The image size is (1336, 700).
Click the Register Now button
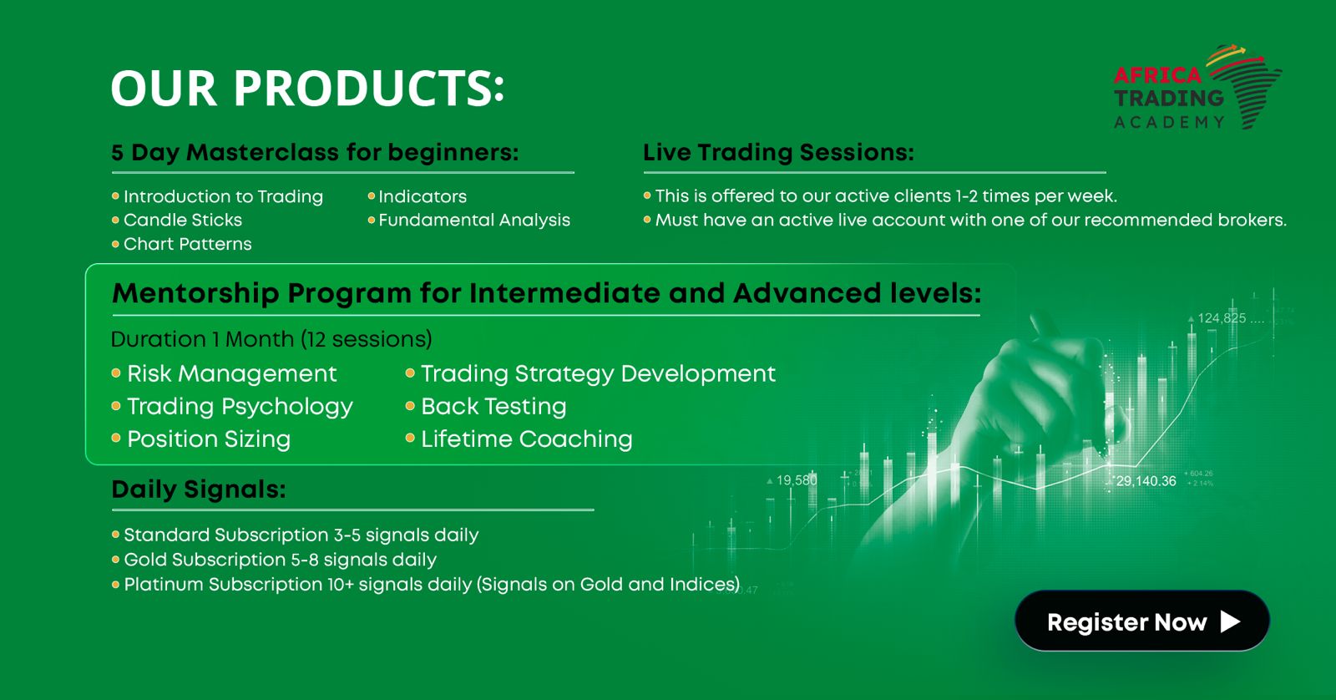pos(1141,621)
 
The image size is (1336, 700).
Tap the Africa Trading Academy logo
pos(1197,87)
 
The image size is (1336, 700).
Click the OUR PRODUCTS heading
pos(308,88)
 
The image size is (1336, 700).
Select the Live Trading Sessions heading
pos(778,152)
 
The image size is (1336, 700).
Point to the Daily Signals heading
pos(199,489)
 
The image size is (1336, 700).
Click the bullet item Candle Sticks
pos(183,221)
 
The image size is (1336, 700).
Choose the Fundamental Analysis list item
pos(474,221)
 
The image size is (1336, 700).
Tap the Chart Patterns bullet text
pos(187,244)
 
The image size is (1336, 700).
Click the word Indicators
pos(423,196)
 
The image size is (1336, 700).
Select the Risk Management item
pos(232,373)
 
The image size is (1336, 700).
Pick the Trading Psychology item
pos(240,407)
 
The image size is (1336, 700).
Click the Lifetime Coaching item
pos(527,439)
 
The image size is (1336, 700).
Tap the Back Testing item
pos(493,407)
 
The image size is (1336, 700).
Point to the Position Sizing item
pos(209,439)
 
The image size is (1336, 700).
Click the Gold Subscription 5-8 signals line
pos(280,560)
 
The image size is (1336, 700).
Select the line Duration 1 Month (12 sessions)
pos(271,339)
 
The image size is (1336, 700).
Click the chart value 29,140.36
pos(1146,481)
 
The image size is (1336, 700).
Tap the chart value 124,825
pos(1222,318)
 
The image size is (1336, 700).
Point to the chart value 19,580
pos(797,480)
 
